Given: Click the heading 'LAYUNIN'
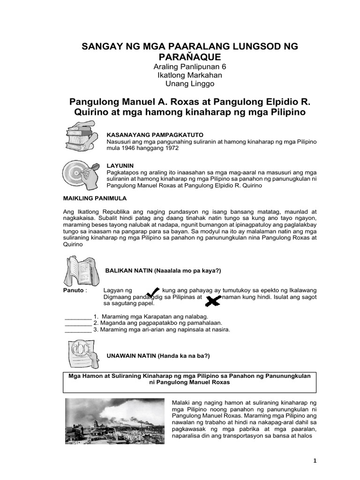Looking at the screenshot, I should pyautogui.click(x=120, y=166).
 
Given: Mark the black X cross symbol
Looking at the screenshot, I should pyautogui.click(x=213, y=300).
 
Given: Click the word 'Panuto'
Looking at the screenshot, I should pyautogui.click(x=73, y=291).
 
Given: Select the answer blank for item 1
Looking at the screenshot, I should pyautogui.click(x=78, y=316).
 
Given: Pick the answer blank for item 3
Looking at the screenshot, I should pyautogui.click(x=78, y=329).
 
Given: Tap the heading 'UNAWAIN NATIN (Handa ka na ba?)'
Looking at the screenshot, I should pyautogui.click(x=158, y=356).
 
